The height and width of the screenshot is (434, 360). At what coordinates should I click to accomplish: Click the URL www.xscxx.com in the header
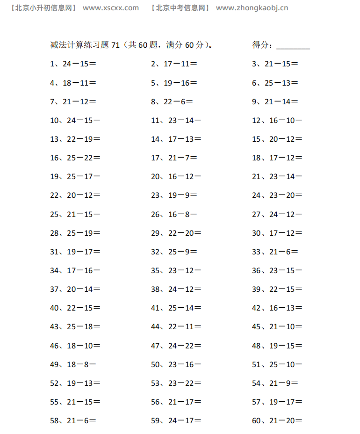(110, 8)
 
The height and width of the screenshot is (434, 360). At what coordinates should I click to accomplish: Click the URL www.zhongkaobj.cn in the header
(252, 8)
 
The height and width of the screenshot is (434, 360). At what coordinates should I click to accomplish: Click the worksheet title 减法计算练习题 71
(85, 45)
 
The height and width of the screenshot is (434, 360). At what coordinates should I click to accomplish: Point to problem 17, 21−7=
(174, 158)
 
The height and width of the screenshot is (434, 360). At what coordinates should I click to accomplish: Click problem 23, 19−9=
(174, 195)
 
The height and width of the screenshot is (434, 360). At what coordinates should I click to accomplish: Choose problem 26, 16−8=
(174, 214)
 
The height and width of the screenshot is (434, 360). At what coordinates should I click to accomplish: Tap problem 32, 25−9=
(174, 252)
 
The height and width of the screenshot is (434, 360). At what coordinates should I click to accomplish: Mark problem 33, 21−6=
(275, 252)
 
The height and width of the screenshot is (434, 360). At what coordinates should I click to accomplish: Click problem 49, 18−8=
(73, 364)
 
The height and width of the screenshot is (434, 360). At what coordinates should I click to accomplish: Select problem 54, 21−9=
(275, 383)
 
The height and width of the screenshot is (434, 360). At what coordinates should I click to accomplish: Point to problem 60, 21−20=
(277, 420)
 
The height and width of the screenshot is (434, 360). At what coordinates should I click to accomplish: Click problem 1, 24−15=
(73, 64)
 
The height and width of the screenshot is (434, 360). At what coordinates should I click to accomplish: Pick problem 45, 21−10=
(277, 326)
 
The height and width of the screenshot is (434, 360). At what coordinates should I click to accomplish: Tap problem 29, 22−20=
(176, 233)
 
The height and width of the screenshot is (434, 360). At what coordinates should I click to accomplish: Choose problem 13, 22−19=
(75, 139)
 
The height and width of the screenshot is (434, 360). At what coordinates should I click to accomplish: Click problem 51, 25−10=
(277, 364)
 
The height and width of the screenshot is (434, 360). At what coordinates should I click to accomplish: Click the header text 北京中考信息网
(181, 8)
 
